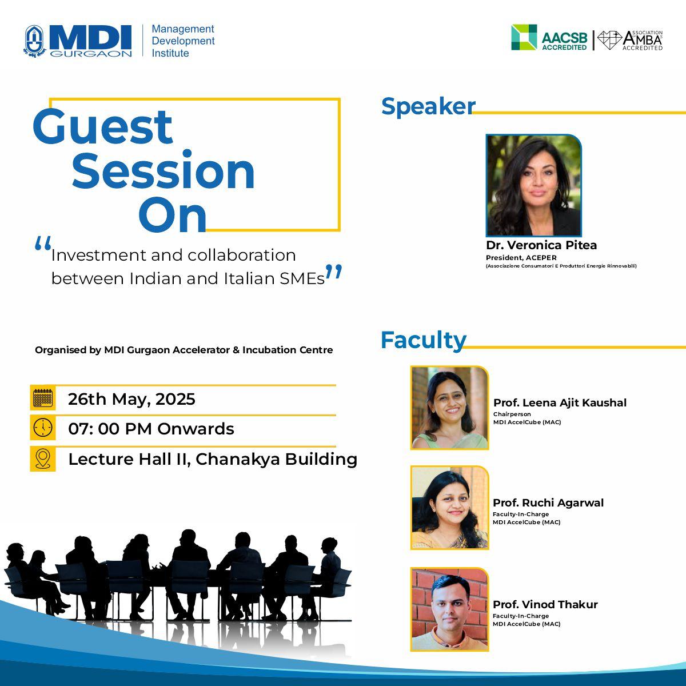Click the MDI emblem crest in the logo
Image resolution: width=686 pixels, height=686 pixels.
34,41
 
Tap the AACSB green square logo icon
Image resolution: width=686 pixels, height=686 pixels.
524,37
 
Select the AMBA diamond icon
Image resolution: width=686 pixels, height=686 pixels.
609,40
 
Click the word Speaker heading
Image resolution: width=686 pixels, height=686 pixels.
428,106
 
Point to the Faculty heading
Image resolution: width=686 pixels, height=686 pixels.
424,340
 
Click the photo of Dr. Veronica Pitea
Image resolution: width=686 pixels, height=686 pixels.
533,185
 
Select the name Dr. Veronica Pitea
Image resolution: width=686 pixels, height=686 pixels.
541,245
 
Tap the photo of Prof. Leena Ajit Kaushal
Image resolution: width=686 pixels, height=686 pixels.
450,408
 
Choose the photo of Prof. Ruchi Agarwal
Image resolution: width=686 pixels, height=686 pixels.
450,508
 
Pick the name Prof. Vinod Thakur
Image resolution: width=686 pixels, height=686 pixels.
545,604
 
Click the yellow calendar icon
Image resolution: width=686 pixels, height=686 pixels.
43,398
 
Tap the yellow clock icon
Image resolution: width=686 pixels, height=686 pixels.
43,427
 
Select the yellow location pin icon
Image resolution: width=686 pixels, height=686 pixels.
43,458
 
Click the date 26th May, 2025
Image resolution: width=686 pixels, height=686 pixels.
131,399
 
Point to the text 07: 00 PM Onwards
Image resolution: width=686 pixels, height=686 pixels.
151,429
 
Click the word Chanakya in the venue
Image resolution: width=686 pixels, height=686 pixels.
238,459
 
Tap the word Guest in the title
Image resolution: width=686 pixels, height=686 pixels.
103,127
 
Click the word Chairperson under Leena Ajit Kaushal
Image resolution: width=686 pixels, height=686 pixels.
512,414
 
